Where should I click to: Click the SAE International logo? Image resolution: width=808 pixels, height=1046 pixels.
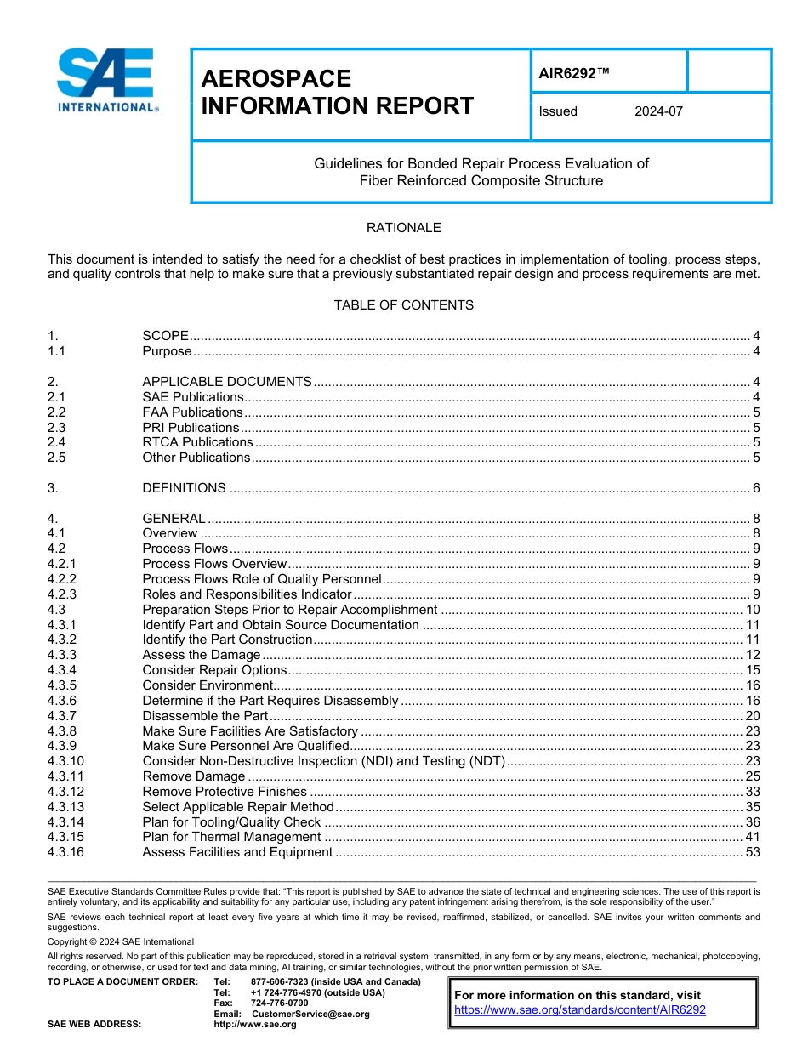106,81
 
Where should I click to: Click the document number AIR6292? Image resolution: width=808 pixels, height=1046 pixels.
574,73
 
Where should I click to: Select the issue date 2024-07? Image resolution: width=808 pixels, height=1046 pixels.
658,111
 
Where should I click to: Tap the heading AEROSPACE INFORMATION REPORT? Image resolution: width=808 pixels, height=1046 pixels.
337,92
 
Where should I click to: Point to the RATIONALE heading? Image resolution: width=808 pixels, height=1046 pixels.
403,228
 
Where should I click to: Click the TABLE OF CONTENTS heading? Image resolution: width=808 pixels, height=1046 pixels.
403,304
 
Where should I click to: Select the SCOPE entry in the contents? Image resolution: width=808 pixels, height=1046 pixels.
165,337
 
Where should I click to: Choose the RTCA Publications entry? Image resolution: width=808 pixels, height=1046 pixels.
197,442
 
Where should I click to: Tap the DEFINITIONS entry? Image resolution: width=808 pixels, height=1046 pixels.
184,488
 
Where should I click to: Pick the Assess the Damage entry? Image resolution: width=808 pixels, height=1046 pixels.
201,655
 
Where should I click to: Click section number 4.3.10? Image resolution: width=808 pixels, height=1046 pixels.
65,761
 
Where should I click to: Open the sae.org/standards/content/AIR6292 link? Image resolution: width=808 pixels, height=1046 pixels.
579,1010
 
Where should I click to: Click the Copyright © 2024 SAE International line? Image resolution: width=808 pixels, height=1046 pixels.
121,941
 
